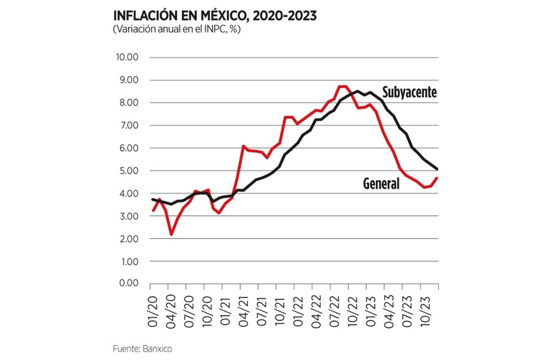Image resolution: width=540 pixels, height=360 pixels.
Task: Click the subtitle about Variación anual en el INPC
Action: tap(177, 29)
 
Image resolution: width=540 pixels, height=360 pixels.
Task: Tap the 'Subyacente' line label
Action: tap(409, 92)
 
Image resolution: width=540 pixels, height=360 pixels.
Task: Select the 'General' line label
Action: tap(381, 183)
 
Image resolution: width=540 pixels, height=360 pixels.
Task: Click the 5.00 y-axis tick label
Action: tap(128, 171)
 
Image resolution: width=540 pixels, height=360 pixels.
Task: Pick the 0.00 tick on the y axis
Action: tap(128, 284)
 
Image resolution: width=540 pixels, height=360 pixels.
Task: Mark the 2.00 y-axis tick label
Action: tap(128, 239)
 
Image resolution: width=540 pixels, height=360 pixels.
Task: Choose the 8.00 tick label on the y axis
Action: tap(128, 103)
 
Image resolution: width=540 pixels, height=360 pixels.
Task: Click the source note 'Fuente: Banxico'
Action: tap(141, 349)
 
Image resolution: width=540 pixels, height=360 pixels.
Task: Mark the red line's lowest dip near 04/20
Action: tap(171, 234)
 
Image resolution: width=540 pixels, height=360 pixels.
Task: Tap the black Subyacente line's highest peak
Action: tap(357, 91)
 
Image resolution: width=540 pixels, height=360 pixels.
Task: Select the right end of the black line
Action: tap(437, 169)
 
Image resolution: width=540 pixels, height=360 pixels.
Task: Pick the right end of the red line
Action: tap(437, 178)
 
